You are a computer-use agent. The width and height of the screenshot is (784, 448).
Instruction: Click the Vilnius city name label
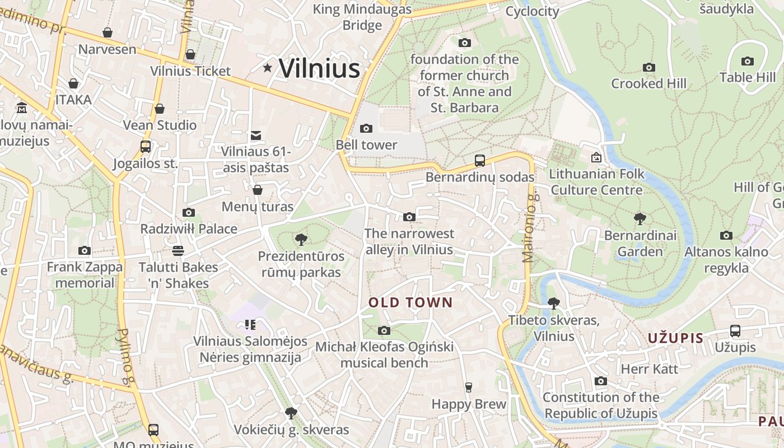point(319,68)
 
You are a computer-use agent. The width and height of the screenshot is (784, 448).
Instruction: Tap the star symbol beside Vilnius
point(268,68)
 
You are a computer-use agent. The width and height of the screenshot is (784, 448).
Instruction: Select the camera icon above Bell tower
point(366,129)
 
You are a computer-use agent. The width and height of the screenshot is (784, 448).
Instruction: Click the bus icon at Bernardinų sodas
point(479,161)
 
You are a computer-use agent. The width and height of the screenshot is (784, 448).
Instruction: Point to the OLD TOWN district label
point(410,303)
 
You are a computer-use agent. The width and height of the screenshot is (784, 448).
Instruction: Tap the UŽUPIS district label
point(675,338)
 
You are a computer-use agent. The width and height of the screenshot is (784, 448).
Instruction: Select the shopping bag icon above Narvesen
point(107,32)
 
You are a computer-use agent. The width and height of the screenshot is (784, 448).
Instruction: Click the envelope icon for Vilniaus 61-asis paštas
point(256,135)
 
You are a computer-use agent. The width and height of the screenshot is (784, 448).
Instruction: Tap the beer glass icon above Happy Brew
point(469,388)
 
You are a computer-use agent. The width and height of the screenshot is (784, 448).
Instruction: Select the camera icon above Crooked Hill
point(648,68)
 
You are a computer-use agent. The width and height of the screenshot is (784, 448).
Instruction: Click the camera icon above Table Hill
point(747,62)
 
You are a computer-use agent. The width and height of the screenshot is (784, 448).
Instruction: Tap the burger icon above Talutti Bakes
point(178,250)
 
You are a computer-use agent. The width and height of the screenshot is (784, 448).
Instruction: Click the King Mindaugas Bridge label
point(362,17)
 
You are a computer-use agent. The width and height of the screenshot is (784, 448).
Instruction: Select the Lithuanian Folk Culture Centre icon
point(596,158)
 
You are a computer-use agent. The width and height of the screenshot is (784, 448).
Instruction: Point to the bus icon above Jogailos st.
point(146,147)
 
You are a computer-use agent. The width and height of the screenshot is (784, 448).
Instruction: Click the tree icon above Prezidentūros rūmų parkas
point(301,240)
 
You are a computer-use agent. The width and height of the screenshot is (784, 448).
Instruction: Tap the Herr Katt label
point(649,369)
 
